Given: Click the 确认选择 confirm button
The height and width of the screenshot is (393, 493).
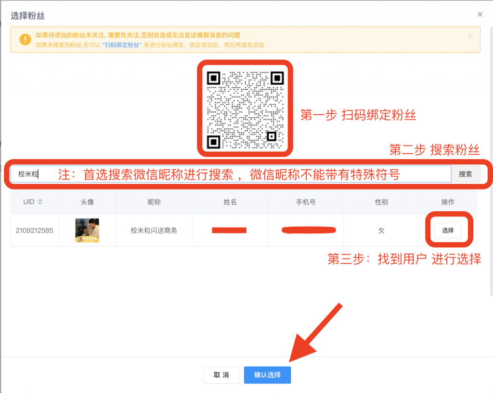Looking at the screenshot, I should pyautogui.click(x=267, y=375).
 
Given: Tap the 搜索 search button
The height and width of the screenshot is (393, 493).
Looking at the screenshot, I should pyautogui.click(x=465, y=174).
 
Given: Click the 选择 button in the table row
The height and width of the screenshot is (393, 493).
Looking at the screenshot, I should pyautogui.click(x=448, y=230).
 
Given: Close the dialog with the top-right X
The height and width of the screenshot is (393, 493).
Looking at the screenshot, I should pyautogui.click(x=480, y=14).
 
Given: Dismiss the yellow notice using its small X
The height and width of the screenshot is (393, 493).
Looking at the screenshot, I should pyautogui.click(x=470, y=36).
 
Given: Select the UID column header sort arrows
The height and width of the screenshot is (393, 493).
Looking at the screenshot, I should pyautogui.click(x=40, y=202).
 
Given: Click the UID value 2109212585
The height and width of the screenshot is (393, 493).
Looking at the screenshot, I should pyautogui.click(x=34, y=230).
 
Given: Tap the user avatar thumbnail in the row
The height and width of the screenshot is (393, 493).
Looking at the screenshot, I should pyautogui.click(x=87, y=230).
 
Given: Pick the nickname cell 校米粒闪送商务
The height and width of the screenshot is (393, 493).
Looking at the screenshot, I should pyautogui.click(x=154, y=230).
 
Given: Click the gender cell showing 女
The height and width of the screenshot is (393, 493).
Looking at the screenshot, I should pyautogui.click(x=381, y=230).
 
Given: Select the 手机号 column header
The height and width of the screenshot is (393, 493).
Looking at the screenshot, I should pyautogui.click(x=306, y=202).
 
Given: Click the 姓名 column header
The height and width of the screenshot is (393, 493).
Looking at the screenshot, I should pyautogui.click(x=230, y=202).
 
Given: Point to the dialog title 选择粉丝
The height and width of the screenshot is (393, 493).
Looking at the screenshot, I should pyautogui.click(x=27, y=16).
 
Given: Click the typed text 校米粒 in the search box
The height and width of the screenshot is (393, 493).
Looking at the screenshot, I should pyautogui.click(x=28, y=174).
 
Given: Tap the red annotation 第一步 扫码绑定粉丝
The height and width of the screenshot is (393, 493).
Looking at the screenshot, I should pyautogui.click(x=358, y=115).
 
